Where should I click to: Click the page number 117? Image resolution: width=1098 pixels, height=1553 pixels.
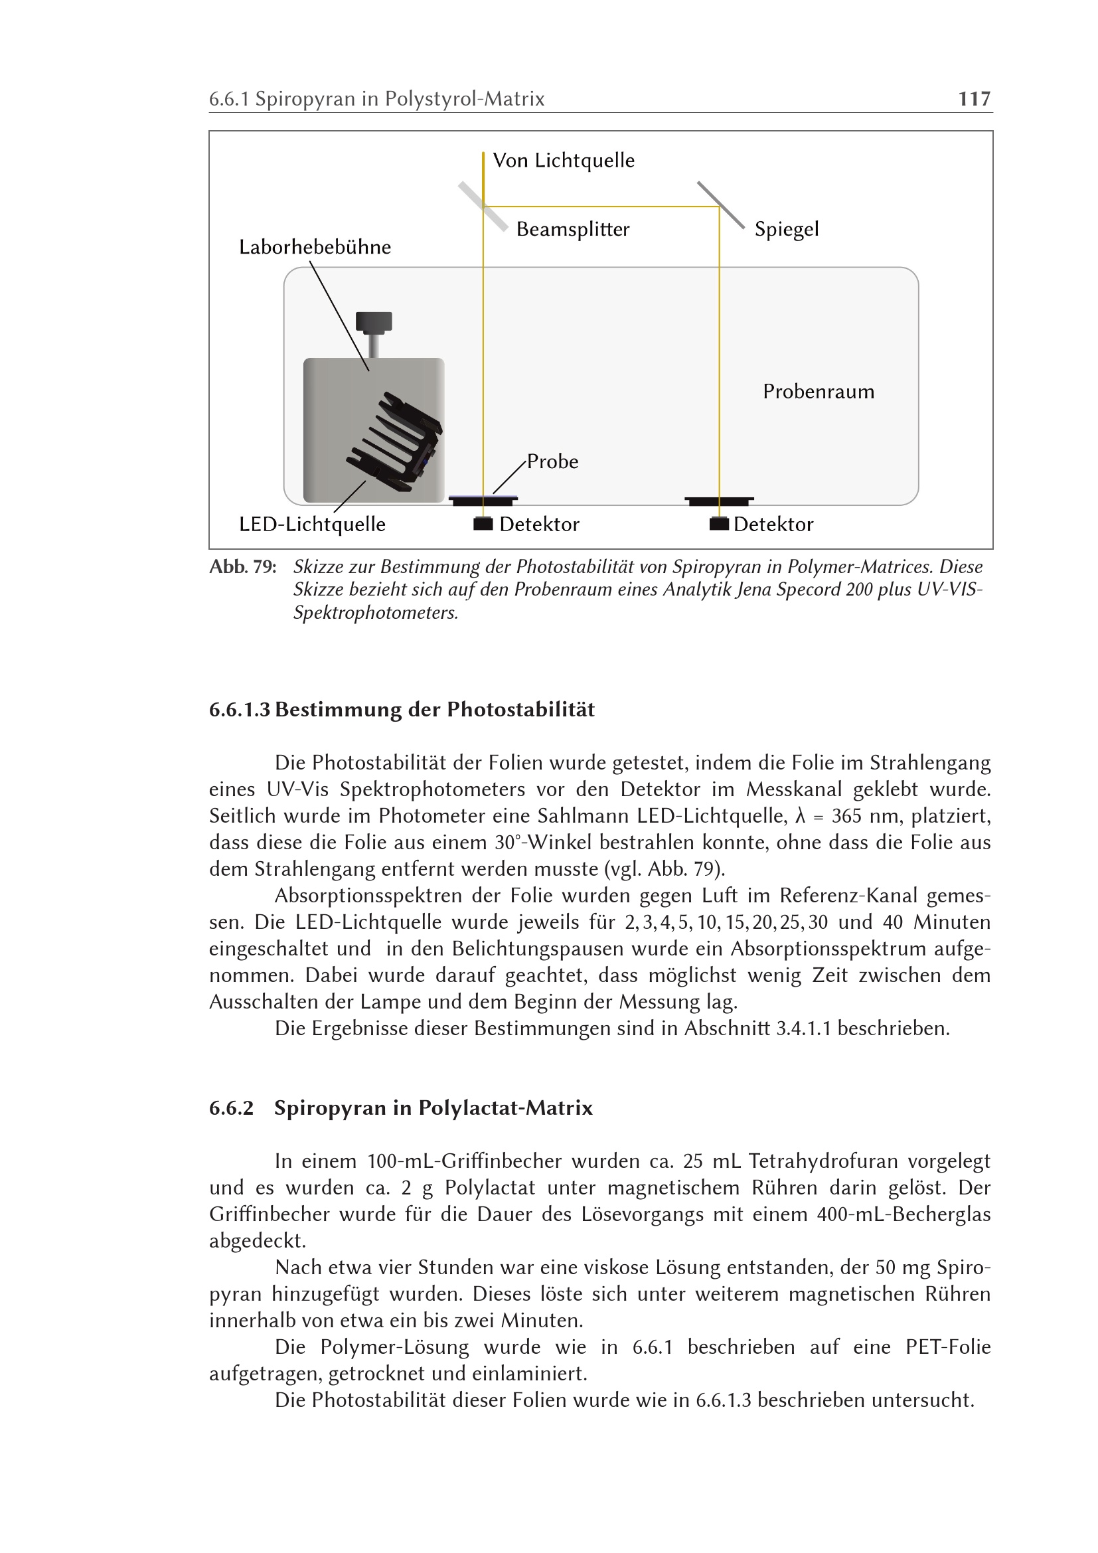(975, 99)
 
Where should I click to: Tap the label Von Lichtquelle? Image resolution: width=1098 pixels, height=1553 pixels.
(564, 161)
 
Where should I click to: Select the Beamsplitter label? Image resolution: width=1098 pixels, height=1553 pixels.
(573, 229)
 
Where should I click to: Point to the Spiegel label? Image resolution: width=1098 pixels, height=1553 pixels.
(786, 229)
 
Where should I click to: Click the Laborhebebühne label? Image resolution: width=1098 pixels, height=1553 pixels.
(315, 247)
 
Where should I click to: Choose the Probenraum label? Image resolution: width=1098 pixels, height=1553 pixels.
(818, 392)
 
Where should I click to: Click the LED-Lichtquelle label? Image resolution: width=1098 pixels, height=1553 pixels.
(313, 525)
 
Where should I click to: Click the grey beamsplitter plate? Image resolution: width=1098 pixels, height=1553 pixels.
(483, 206)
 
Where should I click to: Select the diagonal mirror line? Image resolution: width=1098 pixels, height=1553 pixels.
(721, 205)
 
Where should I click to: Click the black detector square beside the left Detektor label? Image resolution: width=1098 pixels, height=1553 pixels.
(483, 525)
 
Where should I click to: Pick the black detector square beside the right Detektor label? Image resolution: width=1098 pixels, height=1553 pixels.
(720, 525)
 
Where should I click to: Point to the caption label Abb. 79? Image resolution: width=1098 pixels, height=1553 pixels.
(243, 567)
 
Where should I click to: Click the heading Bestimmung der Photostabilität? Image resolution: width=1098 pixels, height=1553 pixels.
(435, 710)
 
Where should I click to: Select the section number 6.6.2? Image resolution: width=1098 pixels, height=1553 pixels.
(231, 1108)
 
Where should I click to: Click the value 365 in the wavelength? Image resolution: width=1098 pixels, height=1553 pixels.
(847, 817)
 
